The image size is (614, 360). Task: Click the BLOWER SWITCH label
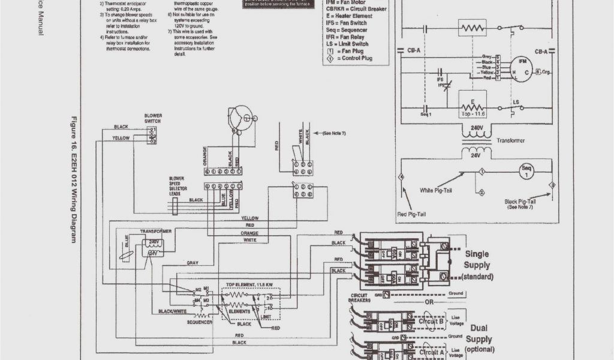(153, 118)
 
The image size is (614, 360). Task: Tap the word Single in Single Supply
(477, 254)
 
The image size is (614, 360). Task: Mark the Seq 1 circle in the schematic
(526, 170)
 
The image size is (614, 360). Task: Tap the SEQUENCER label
(198, 322)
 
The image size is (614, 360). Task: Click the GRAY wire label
(192, 263)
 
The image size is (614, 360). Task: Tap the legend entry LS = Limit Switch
(347, 44)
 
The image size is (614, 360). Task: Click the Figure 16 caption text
(74, 180)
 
